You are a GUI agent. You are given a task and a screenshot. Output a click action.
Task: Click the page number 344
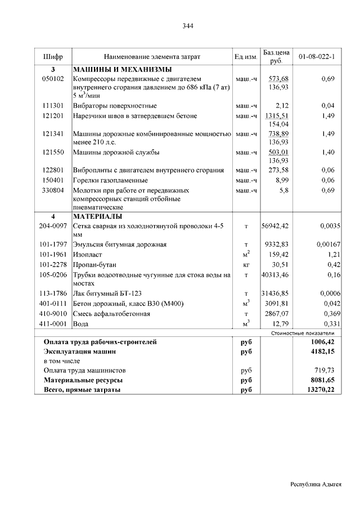click(x=188, y=25)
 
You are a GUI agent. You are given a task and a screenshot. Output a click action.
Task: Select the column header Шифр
click(x=52, y=57)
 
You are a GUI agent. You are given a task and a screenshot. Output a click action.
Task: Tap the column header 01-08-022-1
click(x=317, y=57)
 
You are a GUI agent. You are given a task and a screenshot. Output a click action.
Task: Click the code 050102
click(x=53, y=79)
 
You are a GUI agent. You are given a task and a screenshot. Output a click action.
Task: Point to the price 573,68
click(x=278, y=79)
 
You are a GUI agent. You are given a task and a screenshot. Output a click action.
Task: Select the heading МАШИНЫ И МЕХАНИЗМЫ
click(x=122, y=69)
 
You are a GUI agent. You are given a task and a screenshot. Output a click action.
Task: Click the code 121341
click(x=53, y=134)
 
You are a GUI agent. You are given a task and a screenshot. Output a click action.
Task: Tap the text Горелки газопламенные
click(x=110, y=180)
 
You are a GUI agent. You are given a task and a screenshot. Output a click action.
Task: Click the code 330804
click(x=53, y=190)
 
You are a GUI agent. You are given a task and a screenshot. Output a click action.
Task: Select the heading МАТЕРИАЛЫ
click(x=98, y=216)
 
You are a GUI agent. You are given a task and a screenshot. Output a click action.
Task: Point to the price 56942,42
click(x=275, y=226)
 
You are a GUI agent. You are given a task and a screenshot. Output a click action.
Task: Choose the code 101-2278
click(x=53, y=264)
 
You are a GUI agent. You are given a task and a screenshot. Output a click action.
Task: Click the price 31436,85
click(x=275, y=294)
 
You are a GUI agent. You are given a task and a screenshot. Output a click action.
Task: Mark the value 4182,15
click(x=324, y=351)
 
